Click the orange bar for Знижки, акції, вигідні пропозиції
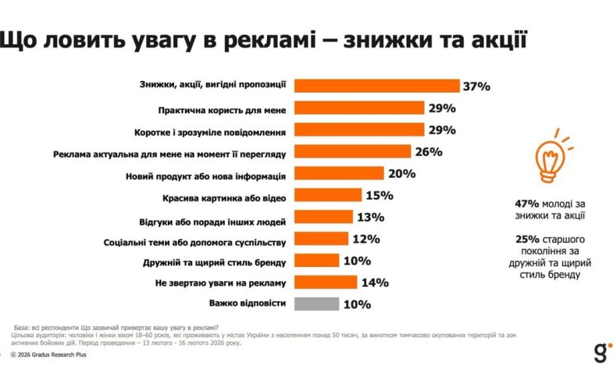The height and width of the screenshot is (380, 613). point(377,86)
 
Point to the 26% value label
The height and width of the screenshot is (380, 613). point(429,151)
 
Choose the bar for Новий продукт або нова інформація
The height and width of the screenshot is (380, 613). point(340,173)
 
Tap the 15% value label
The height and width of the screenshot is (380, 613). point(379,195)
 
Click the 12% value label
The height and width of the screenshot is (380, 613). point(365,239)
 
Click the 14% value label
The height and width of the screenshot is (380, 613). point(374,282)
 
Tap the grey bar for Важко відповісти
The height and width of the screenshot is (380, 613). point(317,304)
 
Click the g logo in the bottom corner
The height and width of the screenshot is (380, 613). point(599,350)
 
